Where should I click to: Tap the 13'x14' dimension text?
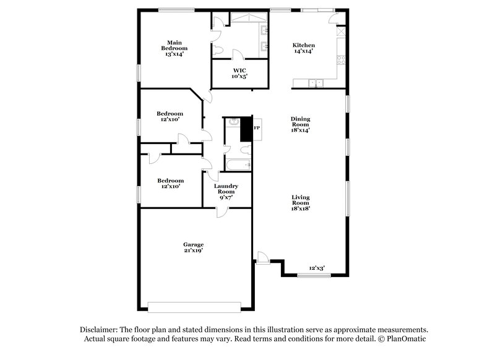(174, 54)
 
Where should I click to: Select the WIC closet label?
(239, 71)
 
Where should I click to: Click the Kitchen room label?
(303, 45)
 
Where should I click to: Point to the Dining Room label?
(301, 121)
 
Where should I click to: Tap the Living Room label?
(301, 200)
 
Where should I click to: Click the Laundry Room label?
(226, 189)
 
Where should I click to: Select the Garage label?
(193, 244)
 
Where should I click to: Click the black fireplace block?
(246, 128)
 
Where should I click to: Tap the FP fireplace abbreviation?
(257, 128)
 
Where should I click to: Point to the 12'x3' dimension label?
(317, 268)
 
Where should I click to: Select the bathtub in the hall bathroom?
(238, 165)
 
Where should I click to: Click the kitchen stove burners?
(340, 61)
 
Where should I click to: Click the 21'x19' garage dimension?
(193, 251)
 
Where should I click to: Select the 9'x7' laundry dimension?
(226, 198)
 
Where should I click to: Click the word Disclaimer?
(100, 330)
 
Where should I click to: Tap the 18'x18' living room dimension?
(301, 208)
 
